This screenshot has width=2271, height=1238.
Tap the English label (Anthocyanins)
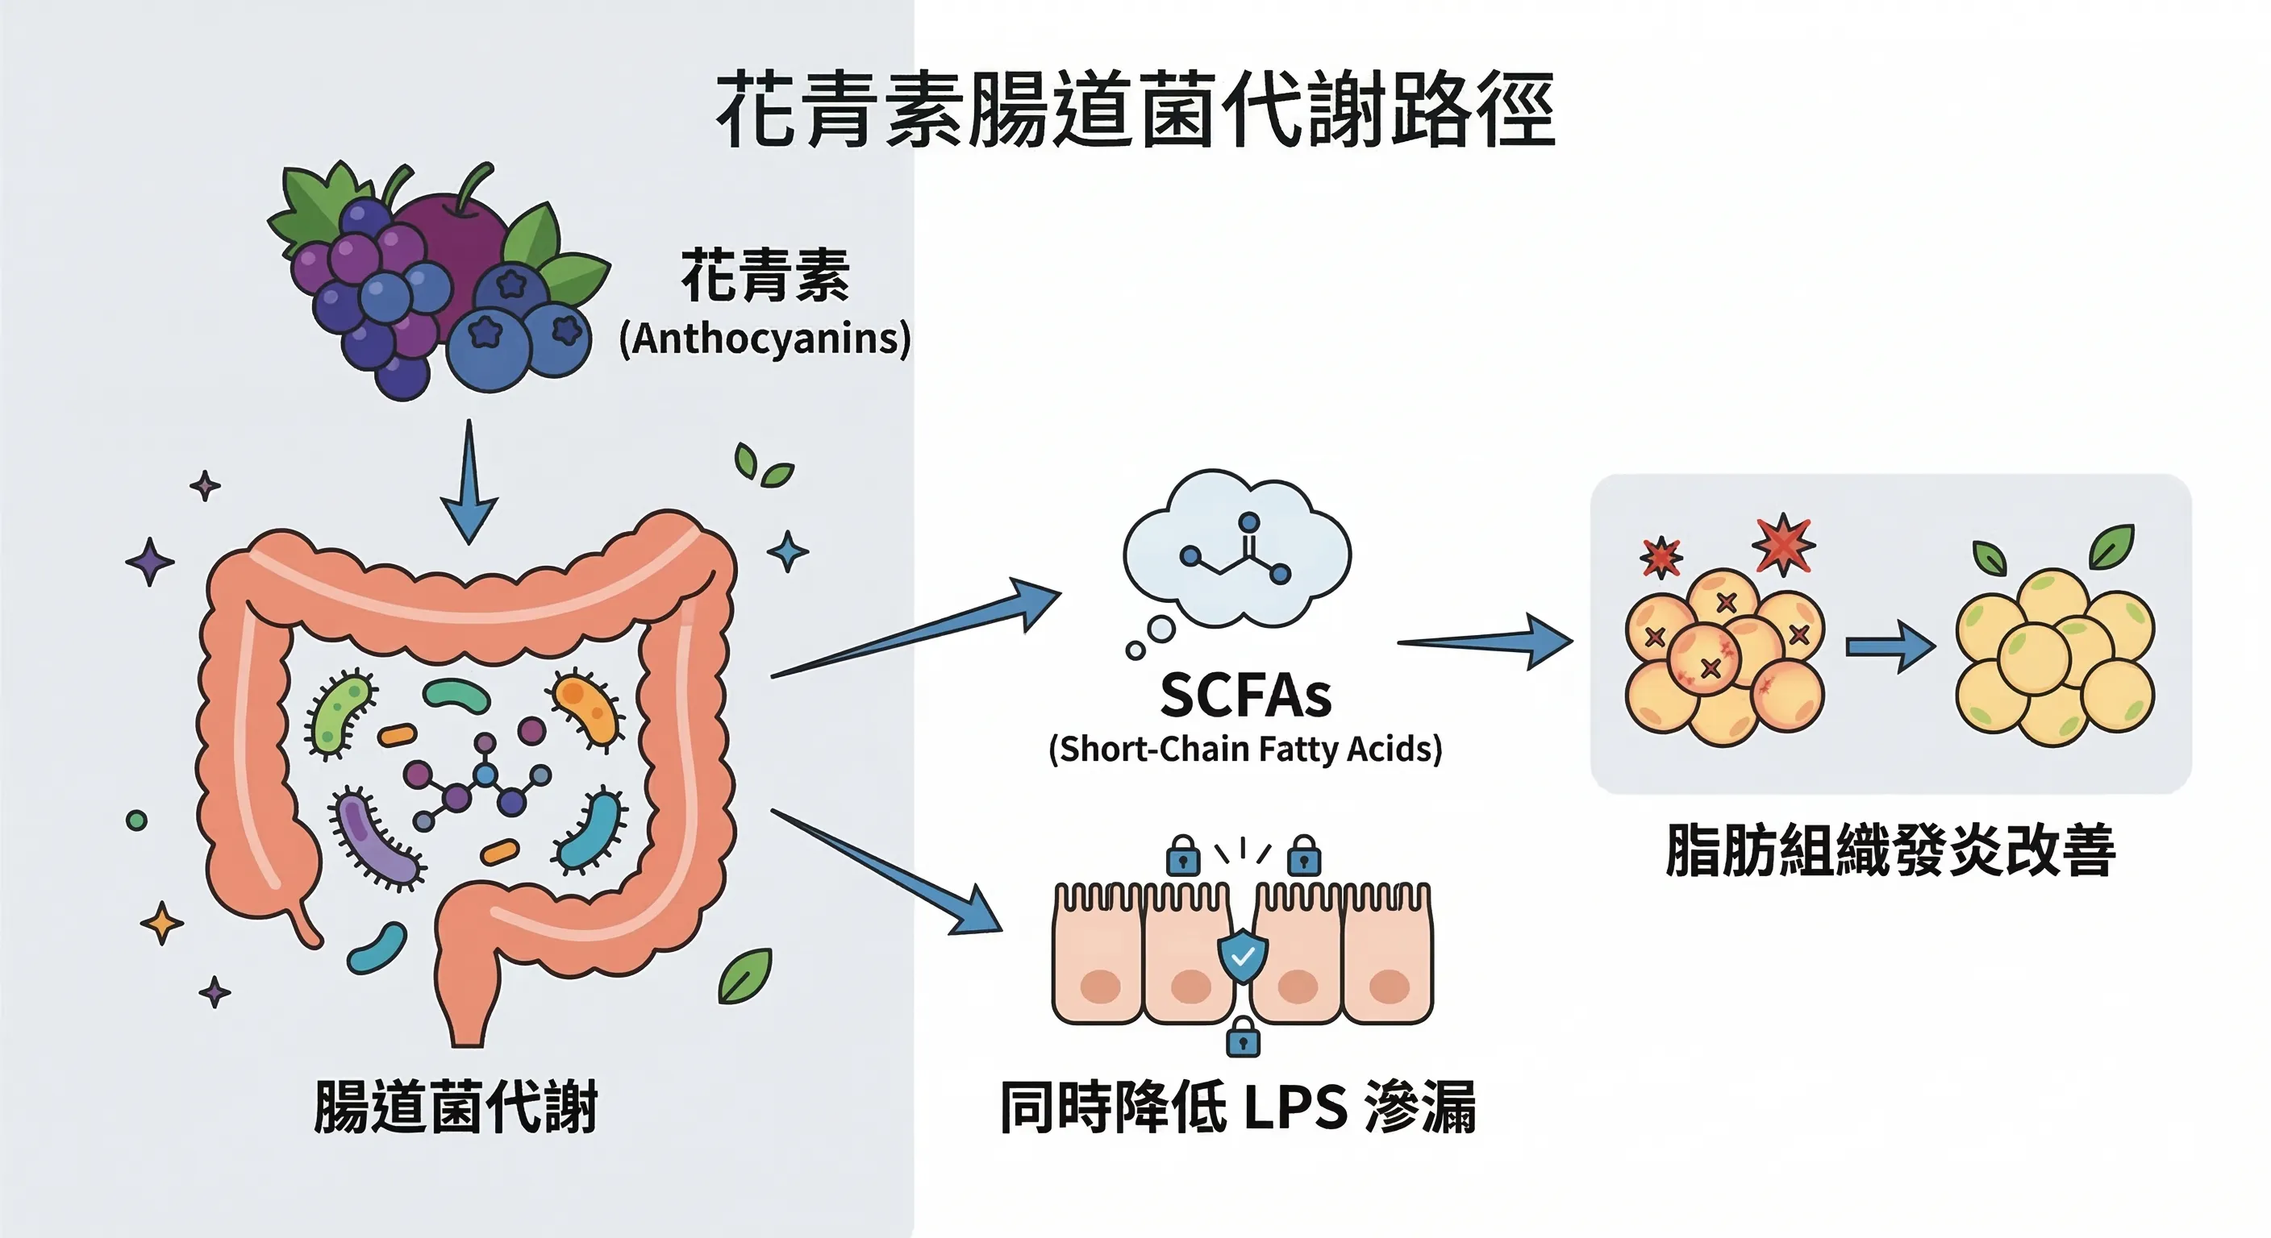(x=765, y=339)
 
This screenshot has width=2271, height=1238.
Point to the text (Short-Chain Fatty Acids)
(x=1245, y=749)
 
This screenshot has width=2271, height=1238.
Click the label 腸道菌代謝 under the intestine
(x=456, y=1107)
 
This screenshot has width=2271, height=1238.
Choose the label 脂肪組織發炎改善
(x=1890, y=850)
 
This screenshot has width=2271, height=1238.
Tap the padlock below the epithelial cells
(x=1243, y=1037)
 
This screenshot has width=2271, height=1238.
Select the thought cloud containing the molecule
(x=1237, y=550)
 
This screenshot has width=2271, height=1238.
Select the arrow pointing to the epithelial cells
(x=890, y=872)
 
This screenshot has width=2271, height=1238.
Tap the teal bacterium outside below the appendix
(x=377, y=948)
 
